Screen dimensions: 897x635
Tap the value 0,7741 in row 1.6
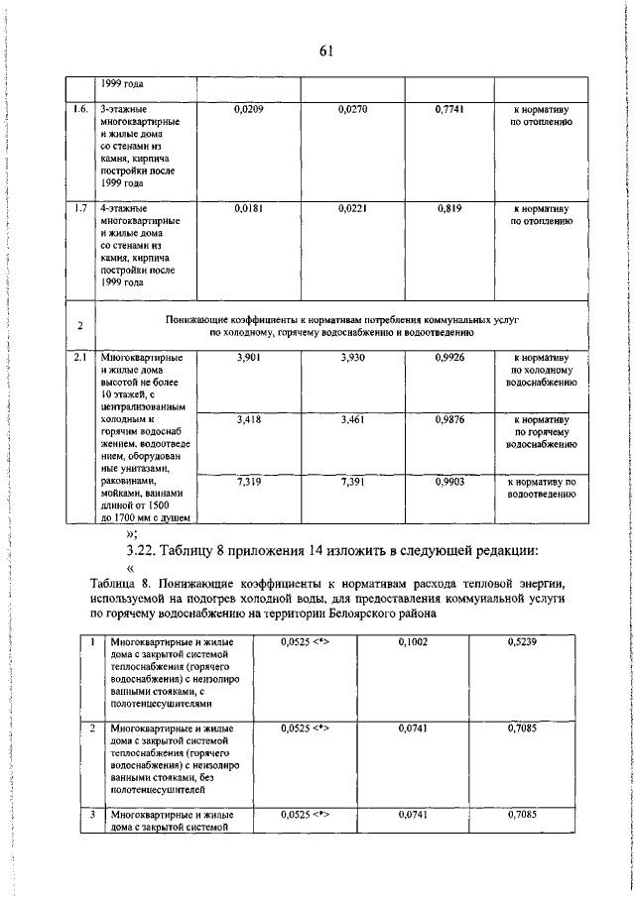pos(450,107)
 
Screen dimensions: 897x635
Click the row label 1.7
pos(81,209)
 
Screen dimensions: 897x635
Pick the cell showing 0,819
pos(450,209)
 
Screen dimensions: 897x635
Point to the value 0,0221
pos(352,209)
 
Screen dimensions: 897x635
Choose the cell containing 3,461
pos(352,421)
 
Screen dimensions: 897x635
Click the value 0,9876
pos(450,421)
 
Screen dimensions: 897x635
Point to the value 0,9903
pos(450,481)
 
